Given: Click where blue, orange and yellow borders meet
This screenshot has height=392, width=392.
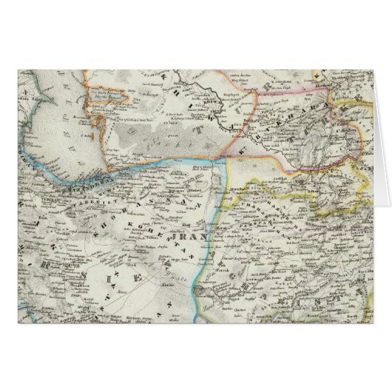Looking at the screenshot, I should (225, 157).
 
